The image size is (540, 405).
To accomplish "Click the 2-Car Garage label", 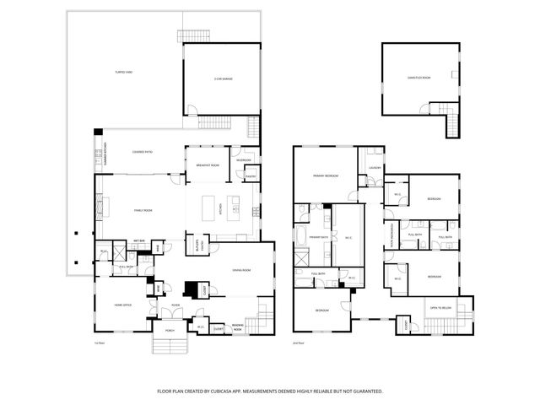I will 222,79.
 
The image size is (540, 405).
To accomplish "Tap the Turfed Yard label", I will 124,73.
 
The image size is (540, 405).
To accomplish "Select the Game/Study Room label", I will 419,78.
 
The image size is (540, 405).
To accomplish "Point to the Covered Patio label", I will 143,152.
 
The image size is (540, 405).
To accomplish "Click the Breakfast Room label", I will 208,165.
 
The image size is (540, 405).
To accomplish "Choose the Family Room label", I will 143,210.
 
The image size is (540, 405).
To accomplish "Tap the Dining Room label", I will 243,270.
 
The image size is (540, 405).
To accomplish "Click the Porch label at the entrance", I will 170,330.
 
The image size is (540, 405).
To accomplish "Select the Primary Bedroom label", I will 326,175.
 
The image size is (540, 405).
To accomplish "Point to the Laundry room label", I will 373,167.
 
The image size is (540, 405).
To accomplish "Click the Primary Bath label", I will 318,238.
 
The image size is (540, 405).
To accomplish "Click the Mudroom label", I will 244,159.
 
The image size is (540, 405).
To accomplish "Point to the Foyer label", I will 175,305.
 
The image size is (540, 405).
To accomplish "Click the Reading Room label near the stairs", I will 239,328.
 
